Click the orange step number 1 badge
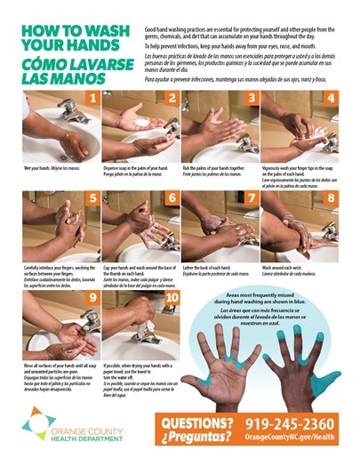[92, 97]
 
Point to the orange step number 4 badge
[329, 97]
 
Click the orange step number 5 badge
[92, 197]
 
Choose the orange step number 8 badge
[329, 197]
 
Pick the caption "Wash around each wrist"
[286, 267]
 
